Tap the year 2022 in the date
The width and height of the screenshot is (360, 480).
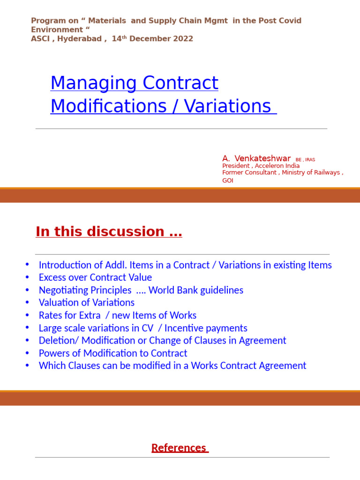point(183,39)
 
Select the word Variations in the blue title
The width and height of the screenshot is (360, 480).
point(227,106)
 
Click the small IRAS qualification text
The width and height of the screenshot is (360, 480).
point(310,160)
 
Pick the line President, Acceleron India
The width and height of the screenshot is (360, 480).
point(261,166)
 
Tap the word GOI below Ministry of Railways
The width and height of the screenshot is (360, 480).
point(227,180)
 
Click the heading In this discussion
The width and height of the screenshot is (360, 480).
point(109,232)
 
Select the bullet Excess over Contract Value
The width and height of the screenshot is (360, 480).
point(95,277)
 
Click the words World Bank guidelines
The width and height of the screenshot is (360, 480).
point(196,290)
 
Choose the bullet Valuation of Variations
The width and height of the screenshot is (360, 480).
point(87,303)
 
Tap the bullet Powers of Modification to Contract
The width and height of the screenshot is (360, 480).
point(113,353)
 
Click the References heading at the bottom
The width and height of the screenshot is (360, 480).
point(179,448)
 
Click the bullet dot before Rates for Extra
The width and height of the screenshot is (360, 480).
point(27,315)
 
